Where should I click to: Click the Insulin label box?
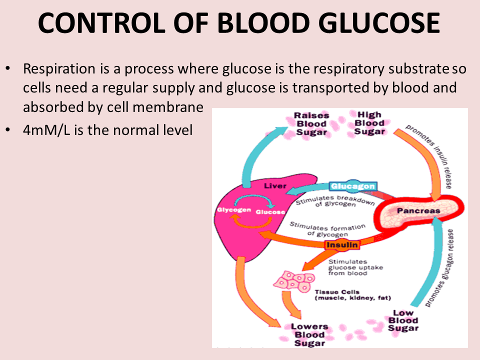[342, 245]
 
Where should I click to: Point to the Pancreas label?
[418, 210]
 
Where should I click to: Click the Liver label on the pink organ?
[275, 186]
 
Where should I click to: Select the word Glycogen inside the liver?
[233, 210]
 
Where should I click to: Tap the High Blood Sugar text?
[369, 123]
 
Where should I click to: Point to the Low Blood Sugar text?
[403, 320]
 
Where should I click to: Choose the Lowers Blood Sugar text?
[309, 334]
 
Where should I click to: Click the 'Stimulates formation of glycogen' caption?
[327, 229]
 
